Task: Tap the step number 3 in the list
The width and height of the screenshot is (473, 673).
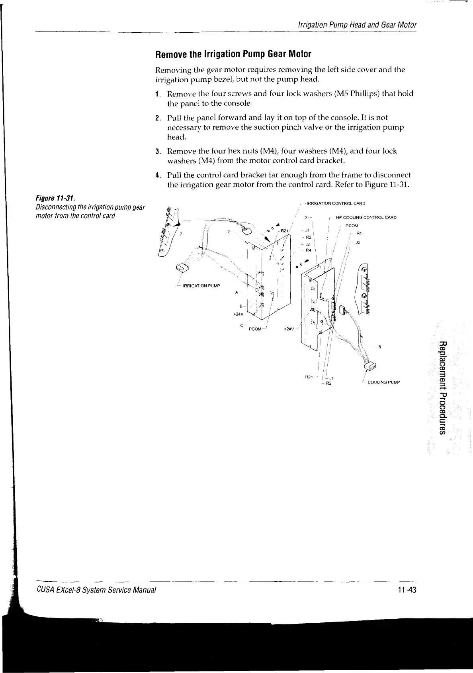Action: (x=157, y=152)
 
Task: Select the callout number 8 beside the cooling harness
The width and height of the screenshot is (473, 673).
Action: (x=380, y=346)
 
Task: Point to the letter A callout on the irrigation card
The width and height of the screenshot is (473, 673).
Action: (x=236, y=292)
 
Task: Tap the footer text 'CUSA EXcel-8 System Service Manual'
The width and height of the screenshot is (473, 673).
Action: (x=96, y=590)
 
